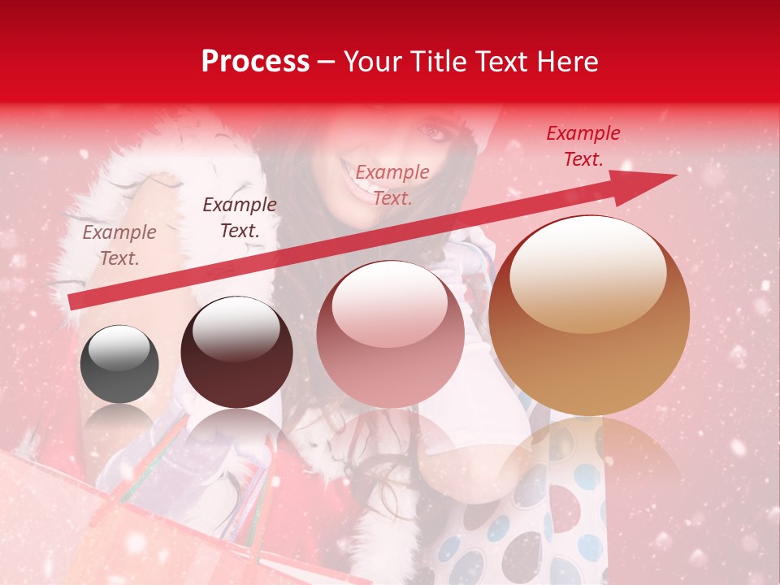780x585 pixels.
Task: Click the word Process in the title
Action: (255, 62)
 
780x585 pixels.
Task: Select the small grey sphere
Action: (119, 364)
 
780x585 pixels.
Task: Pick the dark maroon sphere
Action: (236, 353)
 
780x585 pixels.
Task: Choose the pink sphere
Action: (390, 335)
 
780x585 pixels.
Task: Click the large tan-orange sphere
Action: (589, 315)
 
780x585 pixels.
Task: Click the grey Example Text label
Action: (119, 245)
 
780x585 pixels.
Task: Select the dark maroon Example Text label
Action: (240, 218)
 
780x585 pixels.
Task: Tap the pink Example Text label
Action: (392, 184)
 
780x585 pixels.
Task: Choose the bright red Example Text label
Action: (583, 146)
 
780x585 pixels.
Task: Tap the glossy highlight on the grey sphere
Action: (119, 349)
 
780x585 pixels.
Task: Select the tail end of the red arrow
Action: (75, 301)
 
